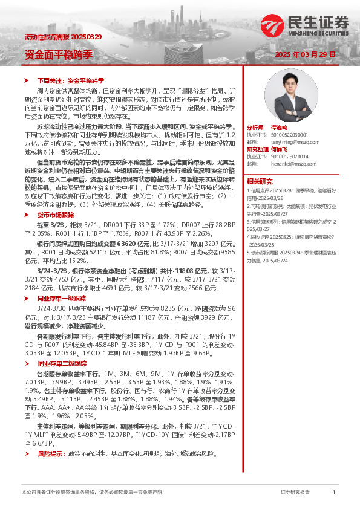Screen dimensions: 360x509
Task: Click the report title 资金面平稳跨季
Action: pos(58,54)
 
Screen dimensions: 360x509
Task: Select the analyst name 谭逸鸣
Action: pos(278,128)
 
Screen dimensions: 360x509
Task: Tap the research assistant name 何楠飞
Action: pos(278,149)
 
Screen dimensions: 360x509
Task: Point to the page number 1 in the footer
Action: pos(334,493)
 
